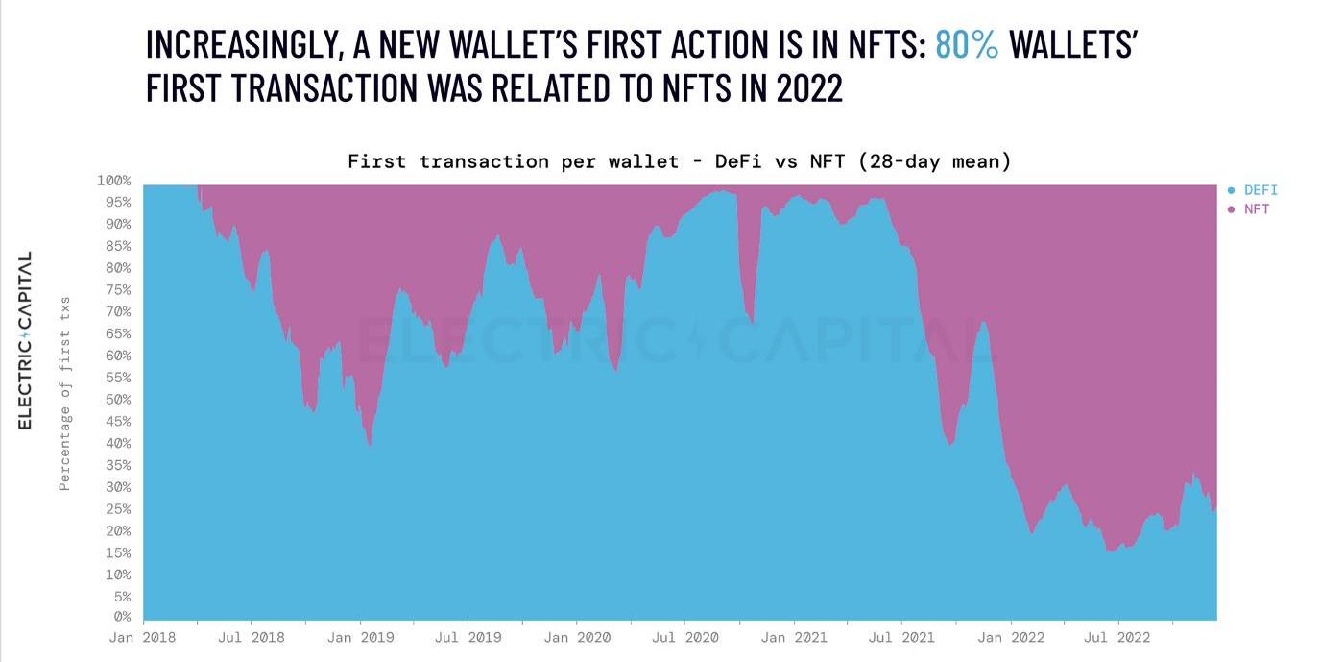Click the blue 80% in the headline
click(967, 45)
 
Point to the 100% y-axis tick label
click(114, 181)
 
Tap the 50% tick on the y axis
click(118, 400)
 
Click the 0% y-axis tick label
click(122, 617)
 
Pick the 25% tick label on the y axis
click(118, 509)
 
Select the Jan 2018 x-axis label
click(143, 637)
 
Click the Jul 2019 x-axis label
click(468, 637)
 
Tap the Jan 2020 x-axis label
click(576, 637)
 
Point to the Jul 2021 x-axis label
click(900, 637)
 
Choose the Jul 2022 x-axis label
click(1117, 637)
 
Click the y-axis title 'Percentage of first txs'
click(65, 394)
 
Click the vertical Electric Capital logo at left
click(25, 340)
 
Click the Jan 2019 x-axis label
click(360, 637)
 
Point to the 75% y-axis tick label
click(118, 290)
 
